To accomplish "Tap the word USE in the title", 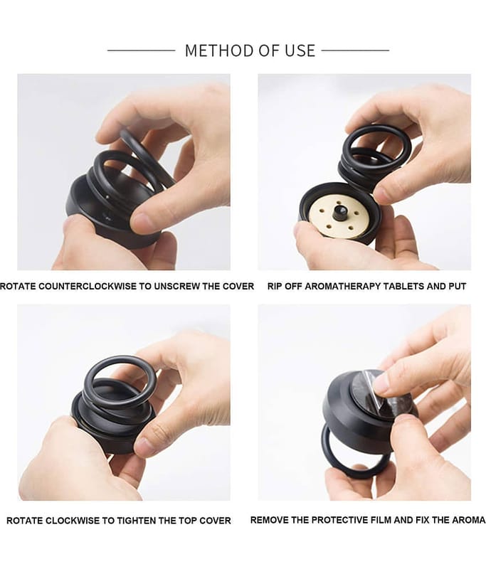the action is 300,50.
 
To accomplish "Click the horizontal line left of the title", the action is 141,50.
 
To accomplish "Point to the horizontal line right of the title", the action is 355,50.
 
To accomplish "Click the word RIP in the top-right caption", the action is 275,287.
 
